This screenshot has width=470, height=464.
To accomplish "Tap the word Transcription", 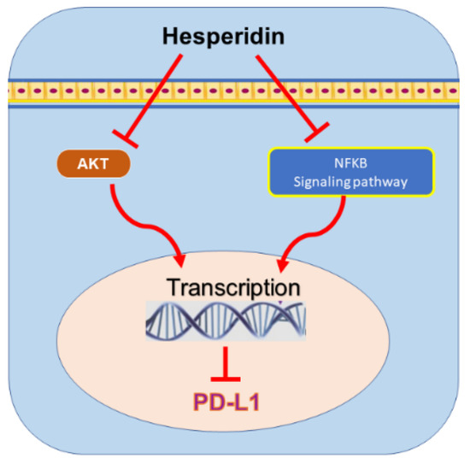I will pos(234,285).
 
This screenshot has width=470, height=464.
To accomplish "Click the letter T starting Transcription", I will pos(175,285).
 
